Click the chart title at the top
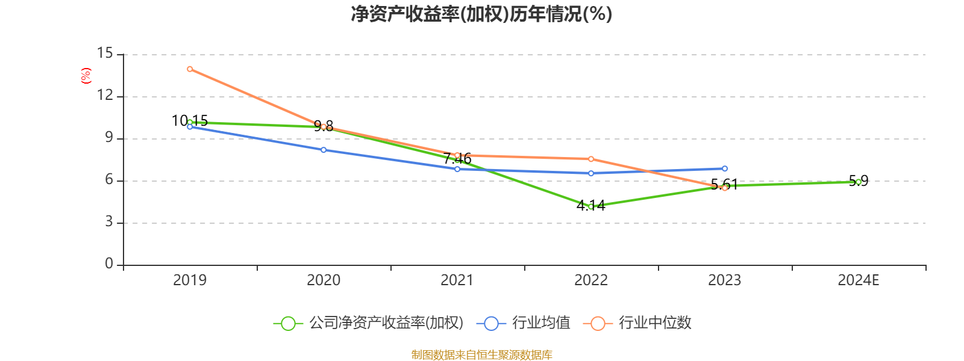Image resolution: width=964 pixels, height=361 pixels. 481,14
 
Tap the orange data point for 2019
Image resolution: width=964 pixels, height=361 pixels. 190,69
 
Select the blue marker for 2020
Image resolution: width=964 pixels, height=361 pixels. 324,150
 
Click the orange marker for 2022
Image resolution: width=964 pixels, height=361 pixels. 591,159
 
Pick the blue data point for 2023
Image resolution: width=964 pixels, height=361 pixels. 725,169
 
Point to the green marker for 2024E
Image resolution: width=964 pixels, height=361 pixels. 859,182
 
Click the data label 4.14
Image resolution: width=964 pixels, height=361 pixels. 591,206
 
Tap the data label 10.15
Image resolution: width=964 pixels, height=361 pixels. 190,121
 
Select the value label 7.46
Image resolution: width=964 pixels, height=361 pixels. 457,159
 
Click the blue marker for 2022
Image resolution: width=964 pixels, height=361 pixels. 591,173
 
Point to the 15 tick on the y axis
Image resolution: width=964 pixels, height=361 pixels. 105,54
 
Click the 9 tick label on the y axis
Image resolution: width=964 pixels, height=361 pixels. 109,138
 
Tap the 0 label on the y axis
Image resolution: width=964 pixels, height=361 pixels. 109,264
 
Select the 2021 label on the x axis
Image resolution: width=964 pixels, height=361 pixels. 457,280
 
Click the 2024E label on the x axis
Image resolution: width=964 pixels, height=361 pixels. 859,280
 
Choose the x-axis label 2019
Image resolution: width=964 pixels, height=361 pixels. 190,280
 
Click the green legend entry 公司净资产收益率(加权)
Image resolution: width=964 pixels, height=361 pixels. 369,322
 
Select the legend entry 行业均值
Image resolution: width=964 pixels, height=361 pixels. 524,322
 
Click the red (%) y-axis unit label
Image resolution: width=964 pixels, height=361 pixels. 86,76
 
